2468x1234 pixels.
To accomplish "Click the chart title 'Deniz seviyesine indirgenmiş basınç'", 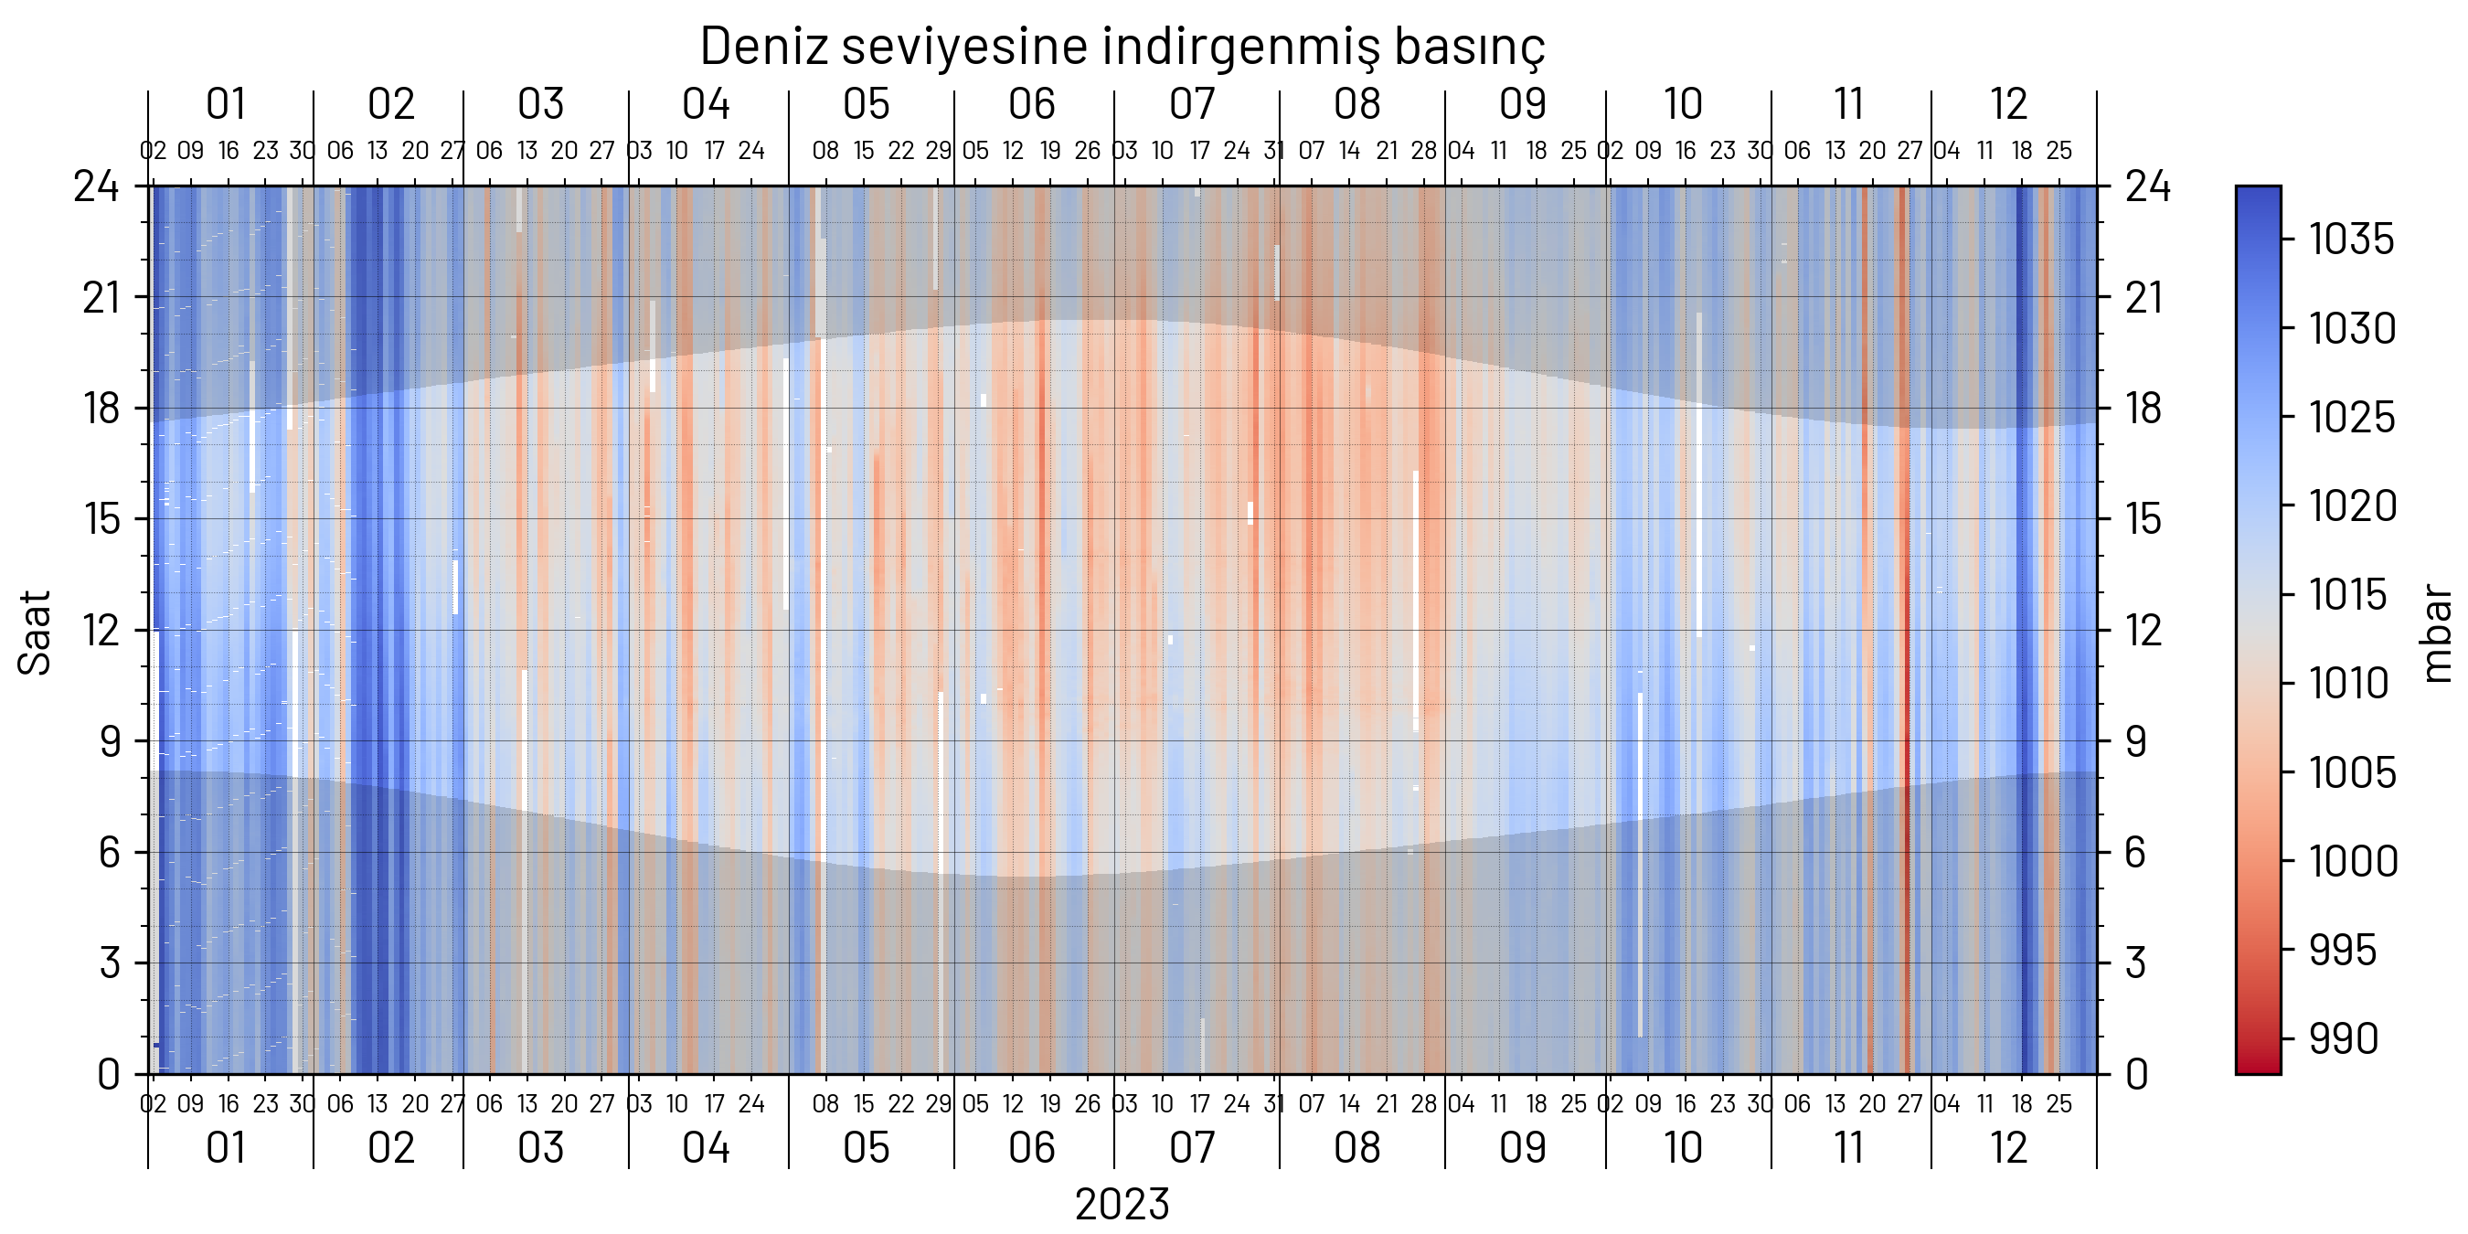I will pyautogui.click(x=1122, y=46).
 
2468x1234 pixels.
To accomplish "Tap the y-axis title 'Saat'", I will pyautogui.click(x=35, y=633).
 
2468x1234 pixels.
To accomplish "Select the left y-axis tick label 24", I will pyautogui.click(x=97, y=186).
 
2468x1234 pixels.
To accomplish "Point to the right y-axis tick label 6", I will pyautogui.click(x=2136, y=853).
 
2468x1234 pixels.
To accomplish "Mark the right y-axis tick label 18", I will pyautogui.click(x=2144, y=410).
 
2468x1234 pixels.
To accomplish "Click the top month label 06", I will pyautogui.click(x=1031, y=104).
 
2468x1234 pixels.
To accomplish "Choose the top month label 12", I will pyautogui.click(x=2008, y=104).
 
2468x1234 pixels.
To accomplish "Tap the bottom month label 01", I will pyautogui.click(x=227, y=1148).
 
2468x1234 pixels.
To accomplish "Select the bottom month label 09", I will pyautogui.click(x=1522, y=1148).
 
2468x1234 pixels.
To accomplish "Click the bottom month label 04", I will pyautogui.click(x=706, y=1148).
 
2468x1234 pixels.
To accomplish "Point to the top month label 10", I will pyautogui.click(x=1683, y=104).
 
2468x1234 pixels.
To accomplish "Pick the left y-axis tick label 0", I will pyautogui.click(x=108, y=1075).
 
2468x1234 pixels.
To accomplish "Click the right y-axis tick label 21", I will pyautogui.click(x=2144, y=298).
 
